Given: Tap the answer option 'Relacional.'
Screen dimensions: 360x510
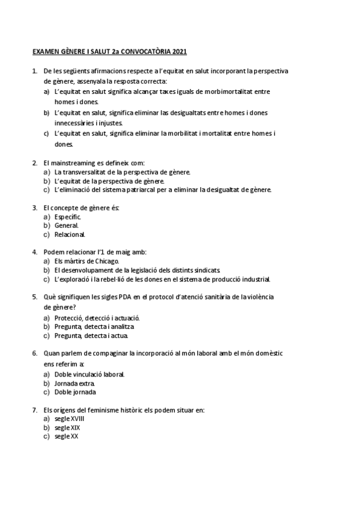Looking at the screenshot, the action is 70,235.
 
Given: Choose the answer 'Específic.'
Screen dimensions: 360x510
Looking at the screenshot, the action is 67,217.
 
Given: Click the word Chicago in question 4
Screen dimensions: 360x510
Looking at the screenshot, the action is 107,261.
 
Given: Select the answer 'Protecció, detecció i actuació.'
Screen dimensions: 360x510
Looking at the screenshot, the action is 97,318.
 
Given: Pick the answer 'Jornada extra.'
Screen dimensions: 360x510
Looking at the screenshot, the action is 75,383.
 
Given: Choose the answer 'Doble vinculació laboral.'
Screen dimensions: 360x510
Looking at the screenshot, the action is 90,374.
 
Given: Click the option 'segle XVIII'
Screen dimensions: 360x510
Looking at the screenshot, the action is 69,419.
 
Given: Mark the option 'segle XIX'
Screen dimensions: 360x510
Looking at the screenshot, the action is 67,428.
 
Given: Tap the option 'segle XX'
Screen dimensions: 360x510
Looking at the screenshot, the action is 66,437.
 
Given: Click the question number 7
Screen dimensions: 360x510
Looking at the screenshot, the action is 34,410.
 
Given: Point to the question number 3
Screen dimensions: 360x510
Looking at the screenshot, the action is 34,207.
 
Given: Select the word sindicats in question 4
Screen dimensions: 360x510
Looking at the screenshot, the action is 207,270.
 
